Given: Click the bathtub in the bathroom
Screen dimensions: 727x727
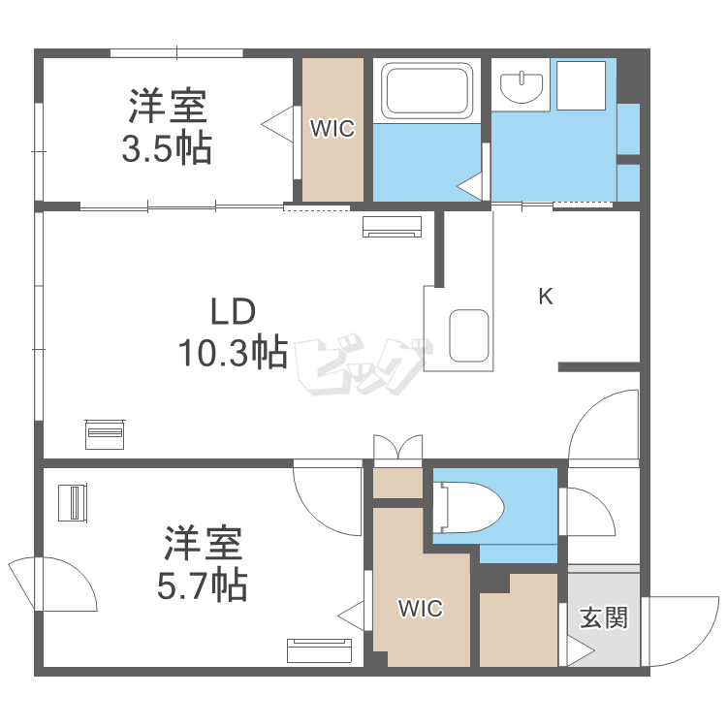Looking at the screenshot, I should [427, 91].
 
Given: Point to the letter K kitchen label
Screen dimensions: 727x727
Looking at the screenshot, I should [546, 298].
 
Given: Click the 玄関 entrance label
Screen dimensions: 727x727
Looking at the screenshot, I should [603, 617].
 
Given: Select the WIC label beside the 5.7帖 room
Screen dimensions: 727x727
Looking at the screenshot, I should [421, 609].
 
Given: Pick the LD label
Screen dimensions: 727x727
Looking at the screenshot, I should [233, 312].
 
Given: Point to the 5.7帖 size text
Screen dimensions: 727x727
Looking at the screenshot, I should [202, 585].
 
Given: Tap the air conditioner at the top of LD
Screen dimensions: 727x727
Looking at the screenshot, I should [393, 227].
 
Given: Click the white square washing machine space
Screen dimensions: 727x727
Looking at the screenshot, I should [580, 84].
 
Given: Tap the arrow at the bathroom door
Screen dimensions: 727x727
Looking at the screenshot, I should [472, 185].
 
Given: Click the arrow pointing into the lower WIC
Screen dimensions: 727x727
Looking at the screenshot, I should [351, 613].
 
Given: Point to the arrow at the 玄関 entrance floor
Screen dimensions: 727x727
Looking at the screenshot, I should [580, 650].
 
